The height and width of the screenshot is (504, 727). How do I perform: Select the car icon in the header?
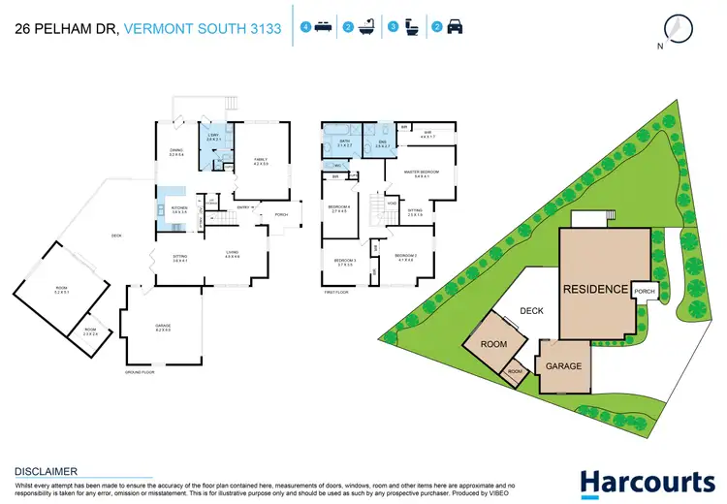pyautogui.click(x=455, y=27)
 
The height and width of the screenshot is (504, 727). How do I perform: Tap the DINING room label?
pyautogui.click(x=176, y=151)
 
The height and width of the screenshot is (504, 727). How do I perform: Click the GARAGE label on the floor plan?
pyautogui.click(x=163, y=328)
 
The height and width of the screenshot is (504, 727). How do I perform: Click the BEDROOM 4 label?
pyautogui.click(x=338, y=208)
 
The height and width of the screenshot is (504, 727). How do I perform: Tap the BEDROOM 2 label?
pyautogui.click(x=405, y=256)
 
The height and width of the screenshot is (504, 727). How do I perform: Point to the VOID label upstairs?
pyautogui.click(x=392, y=204)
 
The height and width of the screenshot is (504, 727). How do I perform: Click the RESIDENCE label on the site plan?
pyautogui.click(x=595, y=289)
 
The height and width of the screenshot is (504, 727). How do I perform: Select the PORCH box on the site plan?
pyautogui.click(x=645, y=292)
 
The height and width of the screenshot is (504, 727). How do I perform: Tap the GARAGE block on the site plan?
pyautogui.click(x=563, y=367)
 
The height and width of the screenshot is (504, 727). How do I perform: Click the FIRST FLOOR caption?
pyautogui.click(x=336, y=291)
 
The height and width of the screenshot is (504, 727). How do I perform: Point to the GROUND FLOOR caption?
pyautogui.click(x=140, y=372)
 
